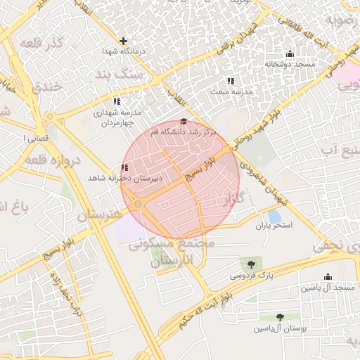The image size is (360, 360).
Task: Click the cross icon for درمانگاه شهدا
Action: (x=124, y=41)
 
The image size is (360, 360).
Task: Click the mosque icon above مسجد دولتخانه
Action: (x=290, y=54)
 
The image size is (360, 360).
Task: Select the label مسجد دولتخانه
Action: (x=290, y=65)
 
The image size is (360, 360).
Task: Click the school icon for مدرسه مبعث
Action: (x=231, y=81)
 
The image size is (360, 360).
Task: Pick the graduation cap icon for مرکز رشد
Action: (x=184, y=122)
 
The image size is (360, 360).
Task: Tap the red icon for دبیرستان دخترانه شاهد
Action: (x=124, y=167)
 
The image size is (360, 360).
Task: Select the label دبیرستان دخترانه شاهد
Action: (x=124, y=179)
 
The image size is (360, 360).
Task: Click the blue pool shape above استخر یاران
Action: (x=274, y=216)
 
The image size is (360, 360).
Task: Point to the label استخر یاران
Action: (x=273, y=226)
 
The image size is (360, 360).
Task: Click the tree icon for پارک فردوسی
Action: (x=252, y=264)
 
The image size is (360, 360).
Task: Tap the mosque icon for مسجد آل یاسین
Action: (x=328, y=277)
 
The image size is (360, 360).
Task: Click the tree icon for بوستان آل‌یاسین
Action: (x=281, y=317)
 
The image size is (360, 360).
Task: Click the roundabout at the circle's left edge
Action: (x=139, y=204)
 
